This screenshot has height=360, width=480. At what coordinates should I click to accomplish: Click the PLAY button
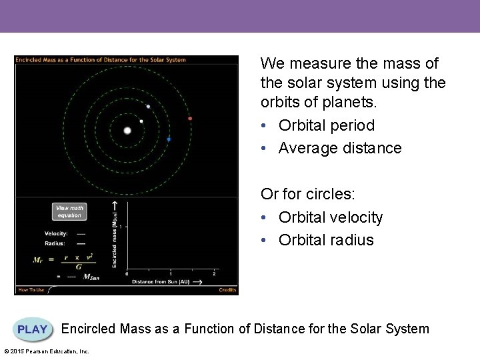32,329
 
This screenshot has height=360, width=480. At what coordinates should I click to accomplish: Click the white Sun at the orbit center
127,131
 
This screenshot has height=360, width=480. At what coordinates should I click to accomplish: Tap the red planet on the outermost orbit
190,119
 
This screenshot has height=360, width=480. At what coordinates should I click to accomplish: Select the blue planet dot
169,139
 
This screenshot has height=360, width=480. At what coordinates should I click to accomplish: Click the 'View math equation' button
69,211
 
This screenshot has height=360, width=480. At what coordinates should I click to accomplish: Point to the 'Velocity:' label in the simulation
56,233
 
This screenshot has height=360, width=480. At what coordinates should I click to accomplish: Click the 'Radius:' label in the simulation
55,243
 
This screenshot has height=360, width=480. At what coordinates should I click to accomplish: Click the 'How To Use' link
31,290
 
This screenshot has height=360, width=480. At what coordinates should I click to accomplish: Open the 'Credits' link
227,290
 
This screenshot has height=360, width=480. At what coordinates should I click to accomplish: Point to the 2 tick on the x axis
213,274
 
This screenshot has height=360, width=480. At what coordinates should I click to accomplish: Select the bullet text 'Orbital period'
327,125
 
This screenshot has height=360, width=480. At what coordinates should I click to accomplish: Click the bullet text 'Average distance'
340,148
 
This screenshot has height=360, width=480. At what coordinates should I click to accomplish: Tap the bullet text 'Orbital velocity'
331,217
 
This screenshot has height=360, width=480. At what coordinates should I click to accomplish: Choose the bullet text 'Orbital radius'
326,240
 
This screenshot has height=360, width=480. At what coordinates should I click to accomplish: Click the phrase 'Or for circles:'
308,194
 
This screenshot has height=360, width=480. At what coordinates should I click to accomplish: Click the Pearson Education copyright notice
47,351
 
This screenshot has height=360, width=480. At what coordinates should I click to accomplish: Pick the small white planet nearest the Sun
141,121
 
